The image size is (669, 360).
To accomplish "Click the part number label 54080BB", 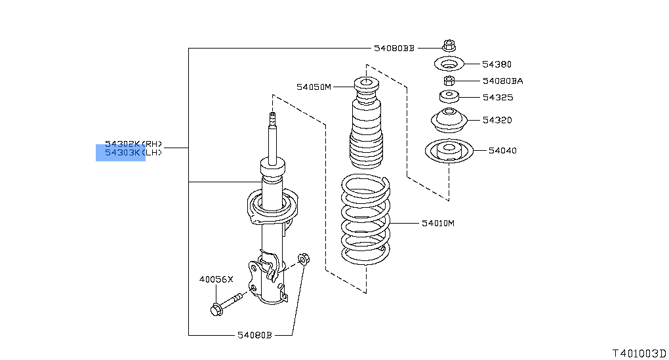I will [394, 48].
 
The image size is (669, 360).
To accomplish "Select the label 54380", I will [497, 64].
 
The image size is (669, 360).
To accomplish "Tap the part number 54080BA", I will [502, 81].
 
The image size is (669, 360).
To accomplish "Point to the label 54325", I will [497, 97].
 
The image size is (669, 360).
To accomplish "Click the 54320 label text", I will [497, 120].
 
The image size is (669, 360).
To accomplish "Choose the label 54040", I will [502, 150].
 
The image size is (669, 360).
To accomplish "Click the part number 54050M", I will [314, 86].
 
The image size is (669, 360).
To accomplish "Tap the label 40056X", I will [216, 279].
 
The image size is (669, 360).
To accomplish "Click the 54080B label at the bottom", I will [254, 335].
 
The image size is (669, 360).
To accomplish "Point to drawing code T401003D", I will [639, 352].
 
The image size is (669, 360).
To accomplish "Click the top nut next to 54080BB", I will [449, 45].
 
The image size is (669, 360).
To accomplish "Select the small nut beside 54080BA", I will [449, 81].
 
